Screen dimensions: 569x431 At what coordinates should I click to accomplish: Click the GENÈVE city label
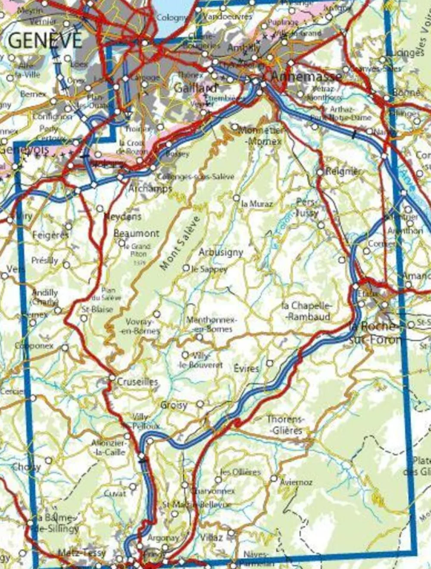[x=45, y=40]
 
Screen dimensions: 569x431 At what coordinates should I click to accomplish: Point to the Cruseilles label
[x=137, y=382]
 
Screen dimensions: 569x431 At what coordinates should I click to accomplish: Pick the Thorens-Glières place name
[x=284, y=424]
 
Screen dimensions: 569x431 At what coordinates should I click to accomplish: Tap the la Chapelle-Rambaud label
[x=306, y=311]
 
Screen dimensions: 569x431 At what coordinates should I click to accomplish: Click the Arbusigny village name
[x=221, y=252]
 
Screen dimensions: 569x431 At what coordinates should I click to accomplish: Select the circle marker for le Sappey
[x=186, y=268]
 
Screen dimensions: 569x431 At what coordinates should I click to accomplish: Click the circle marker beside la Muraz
[x=236, y=198]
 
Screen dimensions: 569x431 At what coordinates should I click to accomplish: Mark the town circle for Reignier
[x=320, y=172]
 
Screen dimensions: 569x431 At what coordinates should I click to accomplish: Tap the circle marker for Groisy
[x=200, y=404]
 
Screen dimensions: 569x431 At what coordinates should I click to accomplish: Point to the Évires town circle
[x=270, y=363]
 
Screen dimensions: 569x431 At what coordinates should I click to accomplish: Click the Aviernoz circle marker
[x=274, y=478]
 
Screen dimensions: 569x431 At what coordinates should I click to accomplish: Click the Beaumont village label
[x=136, y=233]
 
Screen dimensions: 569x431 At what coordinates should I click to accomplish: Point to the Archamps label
[x=150, y=189]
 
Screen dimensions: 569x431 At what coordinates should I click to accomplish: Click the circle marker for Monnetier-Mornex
[x=235, y=127]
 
